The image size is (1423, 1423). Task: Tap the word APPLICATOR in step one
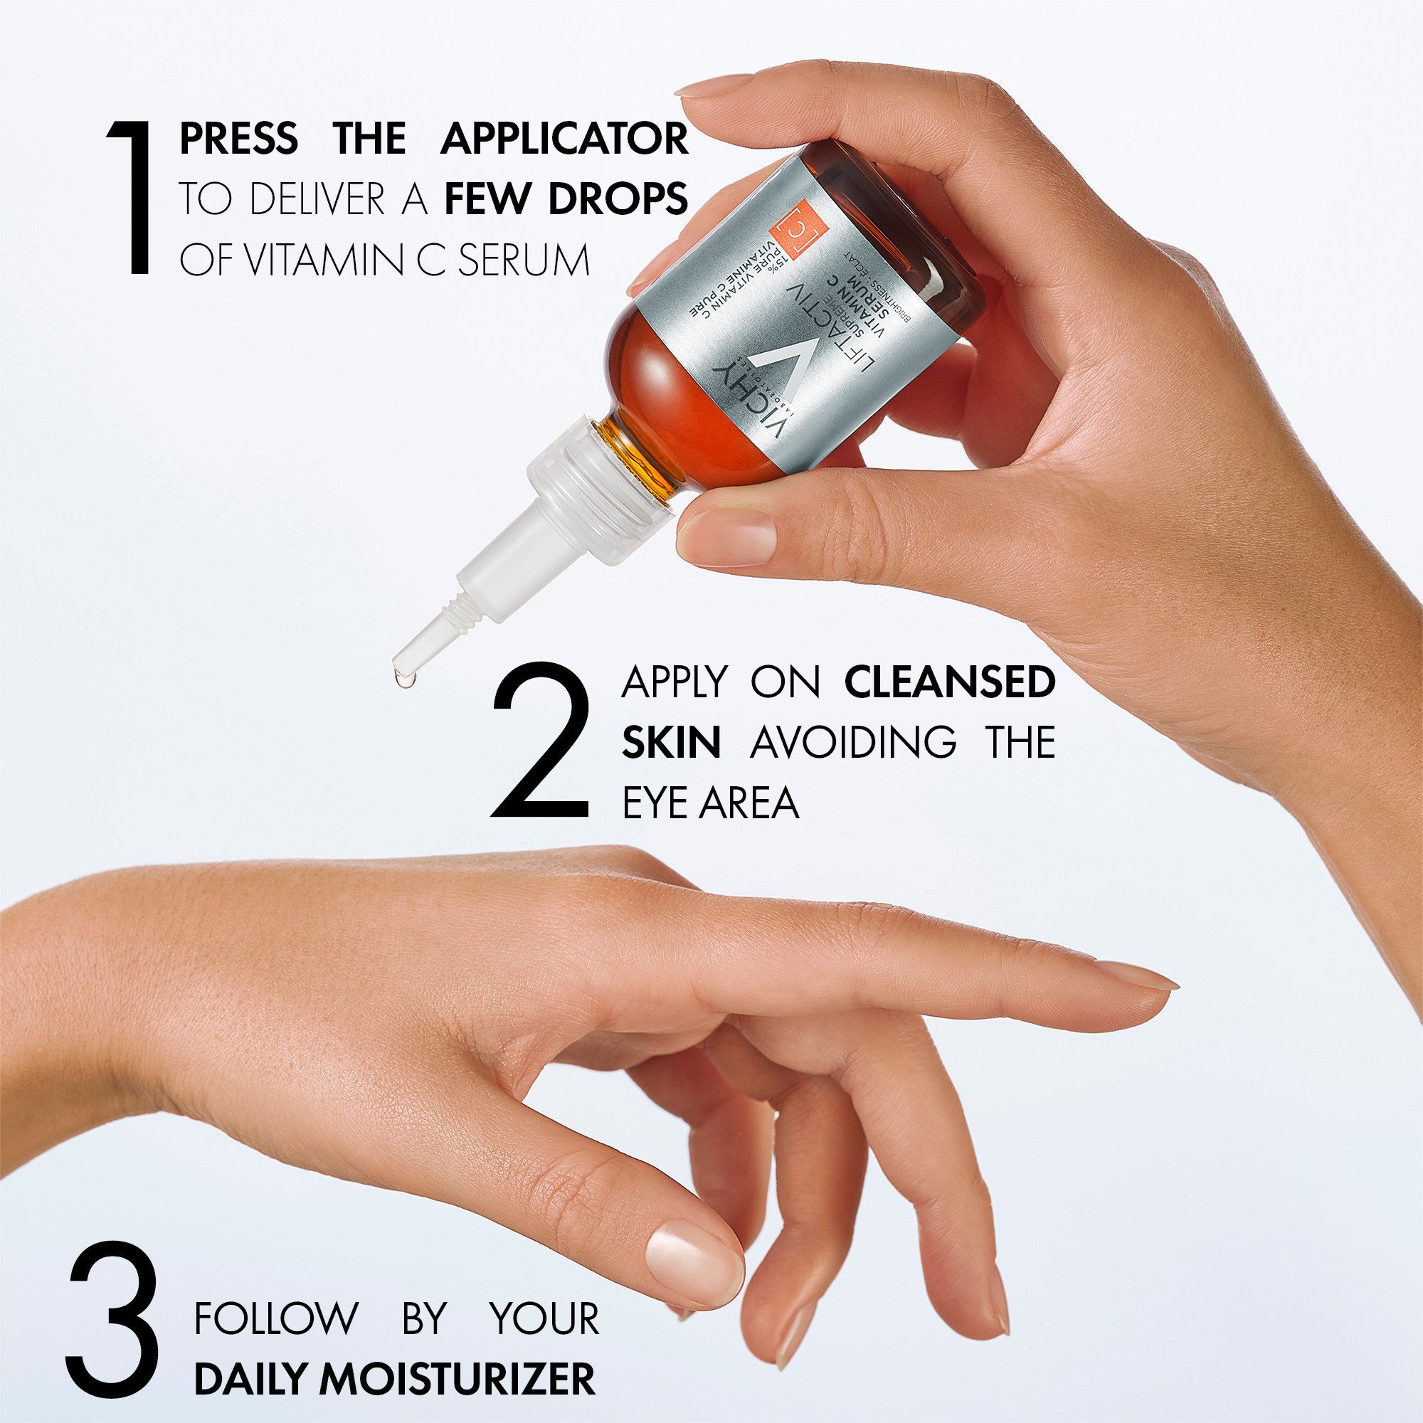(564, 139)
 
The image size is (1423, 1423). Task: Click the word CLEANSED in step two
(949, 683)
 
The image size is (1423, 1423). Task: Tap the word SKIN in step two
(671, 742)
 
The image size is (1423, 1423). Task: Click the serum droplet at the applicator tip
(403, 678)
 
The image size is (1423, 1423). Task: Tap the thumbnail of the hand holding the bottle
(730, 536)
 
